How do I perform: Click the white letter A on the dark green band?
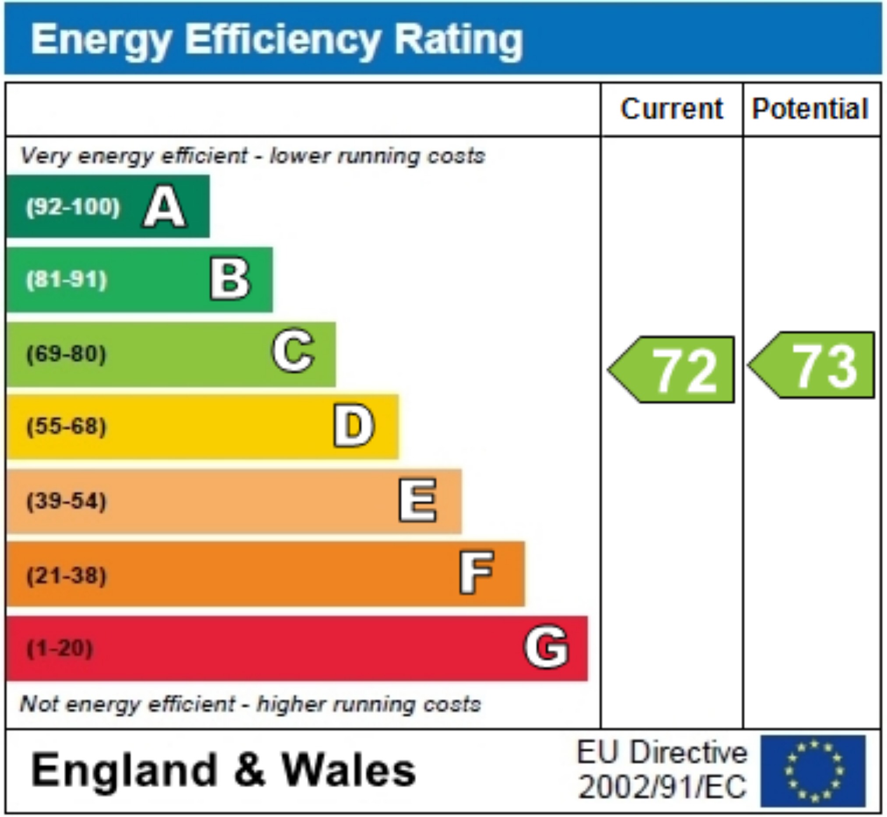[164, 207]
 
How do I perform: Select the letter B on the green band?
[230, 279]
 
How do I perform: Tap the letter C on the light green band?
[293, 351]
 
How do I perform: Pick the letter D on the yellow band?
[353, 426]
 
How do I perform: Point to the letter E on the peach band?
[417, 501]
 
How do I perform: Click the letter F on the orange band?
[476, 573]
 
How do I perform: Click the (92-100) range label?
[73, 207]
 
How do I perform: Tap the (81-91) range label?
[67, 280]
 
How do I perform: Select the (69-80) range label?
[67, 354]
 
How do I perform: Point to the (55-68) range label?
[67, 427]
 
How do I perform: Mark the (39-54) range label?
[67, 501]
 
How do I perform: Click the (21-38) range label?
[67, 576]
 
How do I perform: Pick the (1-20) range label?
[60, 648]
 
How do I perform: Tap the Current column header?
[672, 109]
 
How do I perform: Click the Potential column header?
[810, 109]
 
